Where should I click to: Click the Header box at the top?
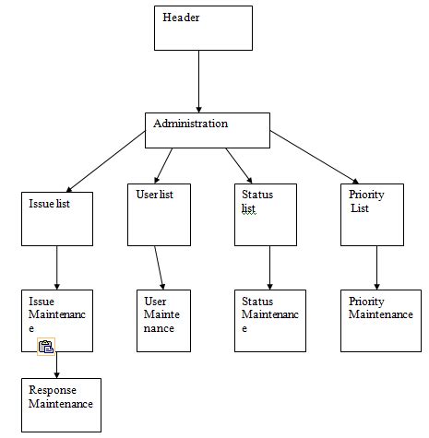coord(202,28)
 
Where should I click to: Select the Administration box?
coord(207,130)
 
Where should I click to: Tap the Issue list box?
coord(57,218)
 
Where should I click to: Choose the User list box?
coord(158,215)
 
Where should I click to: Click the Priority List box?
coord(372,215)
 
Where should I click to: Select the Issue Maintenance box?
coord(57,320)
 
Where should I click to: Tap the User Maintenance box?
coord(163,320)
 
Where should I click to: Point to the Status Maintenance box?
coord(269,320)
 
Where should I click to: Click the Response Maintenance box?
coord(62,405)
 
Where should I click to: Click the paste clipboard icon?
coord(46,347)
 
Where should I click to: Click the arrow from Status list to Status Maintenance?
coord(269,267)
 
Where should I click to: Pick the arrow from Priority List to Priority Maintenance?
coord(375,267)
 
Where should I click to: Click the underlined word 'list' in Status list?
coord(248,208)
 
